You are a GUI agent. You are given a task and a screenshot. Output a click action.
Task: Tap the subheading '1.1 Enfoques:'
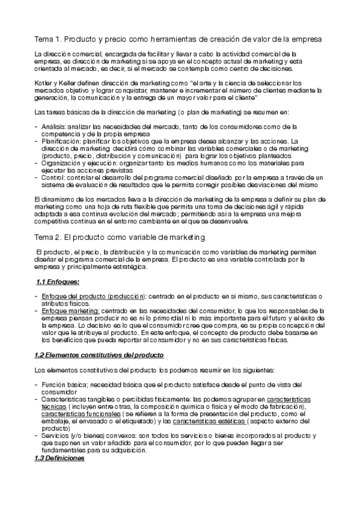[x=58, y=281]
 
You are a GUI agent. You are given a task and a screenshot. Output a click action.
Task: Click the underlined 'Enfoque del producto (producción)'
[x=93, y=296]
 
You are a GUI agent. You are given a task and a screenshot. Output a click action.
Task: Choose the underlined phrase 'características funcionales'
[x=81, y=414]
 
